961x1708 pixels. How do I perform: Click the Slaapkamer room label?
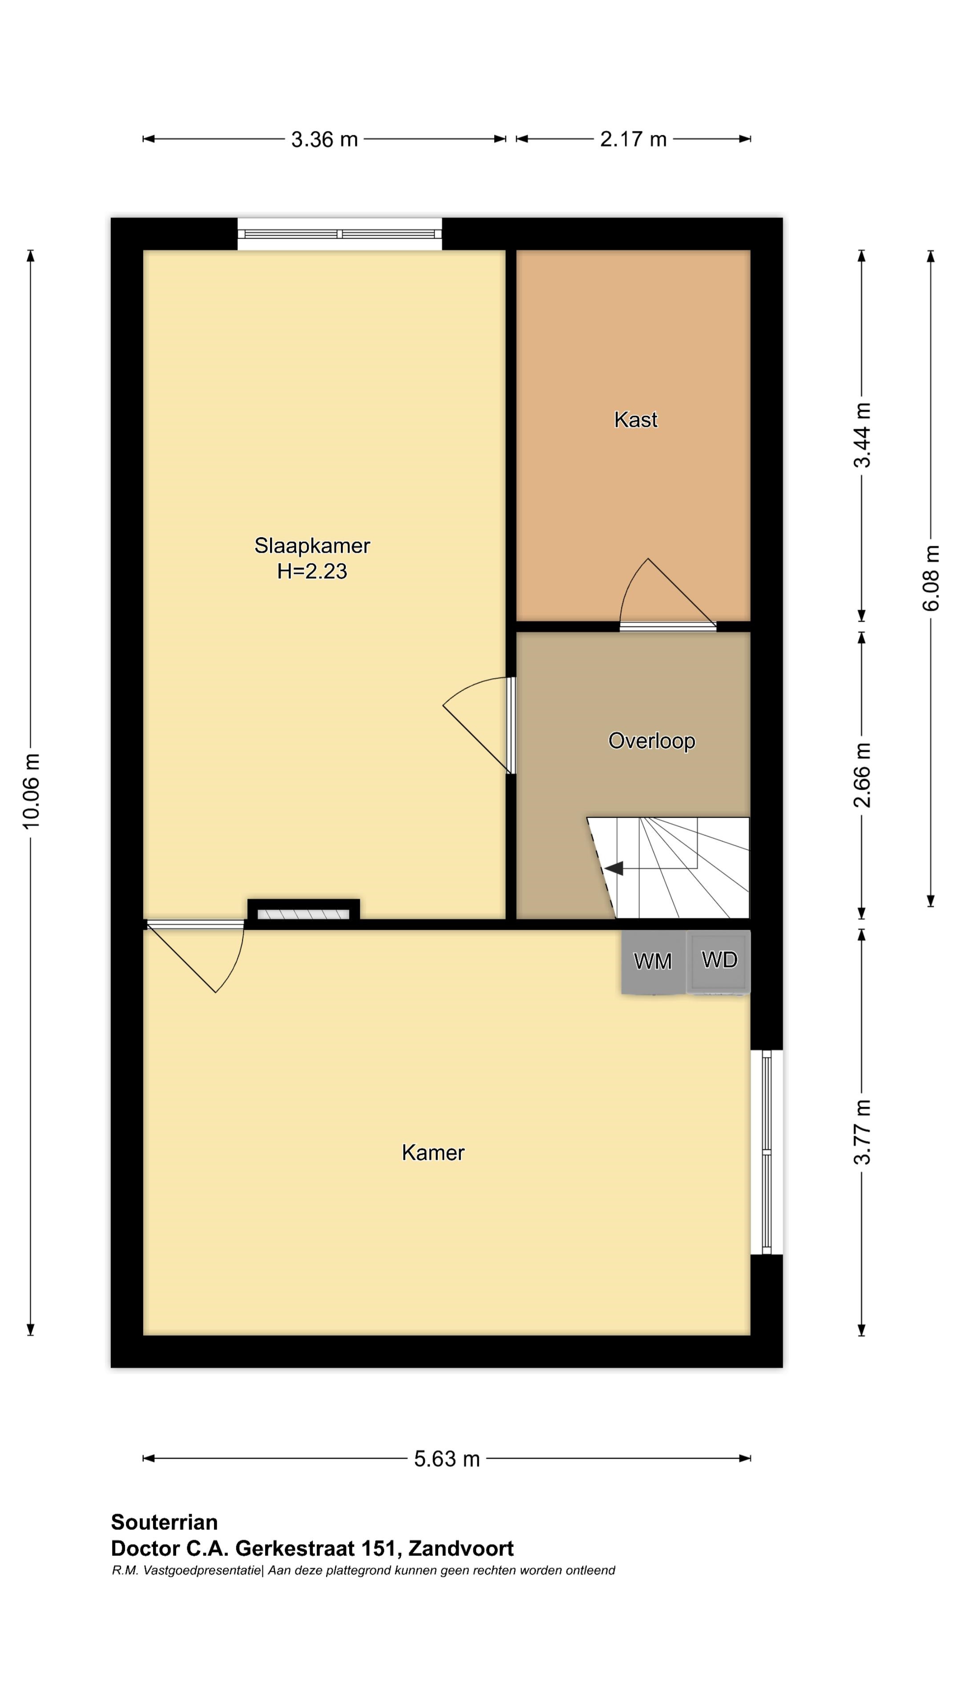[312, 546]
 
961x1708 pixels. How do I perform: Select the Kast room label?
[635, 420]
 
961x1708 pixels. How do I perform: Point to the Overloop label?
[651, 741]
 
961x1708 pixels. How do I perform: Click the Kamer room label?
[433, 1152]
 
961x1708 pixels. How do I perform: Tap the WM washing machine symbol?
[653, 961]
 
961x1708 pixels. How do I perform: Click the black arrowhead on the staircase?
[614, 867]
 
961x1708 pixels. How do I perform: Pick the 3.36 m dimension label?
[324, 139]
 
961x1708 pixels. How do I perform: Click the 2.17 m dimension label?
[634, 139]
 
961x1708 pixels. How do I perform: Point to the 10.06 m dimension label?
[31, 791]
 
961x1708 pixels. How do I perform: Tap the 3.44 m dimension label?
[862, 435]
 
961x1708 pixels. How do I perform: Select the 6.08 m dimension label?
[932, 577]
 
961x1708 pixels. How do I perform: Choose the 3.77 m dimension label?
[862, 1132]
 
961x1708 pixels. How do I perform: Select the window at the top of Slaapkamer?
[339, 234]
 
